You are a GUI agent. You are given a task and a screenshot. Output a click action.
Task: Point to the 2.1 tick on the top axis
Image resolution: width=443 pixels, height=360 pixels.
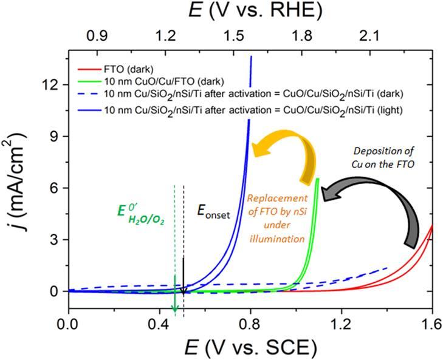369,36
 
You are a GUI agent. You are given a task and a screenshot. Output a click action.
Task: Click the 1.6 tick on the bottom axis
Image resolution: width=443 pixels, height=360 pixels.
432,325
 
